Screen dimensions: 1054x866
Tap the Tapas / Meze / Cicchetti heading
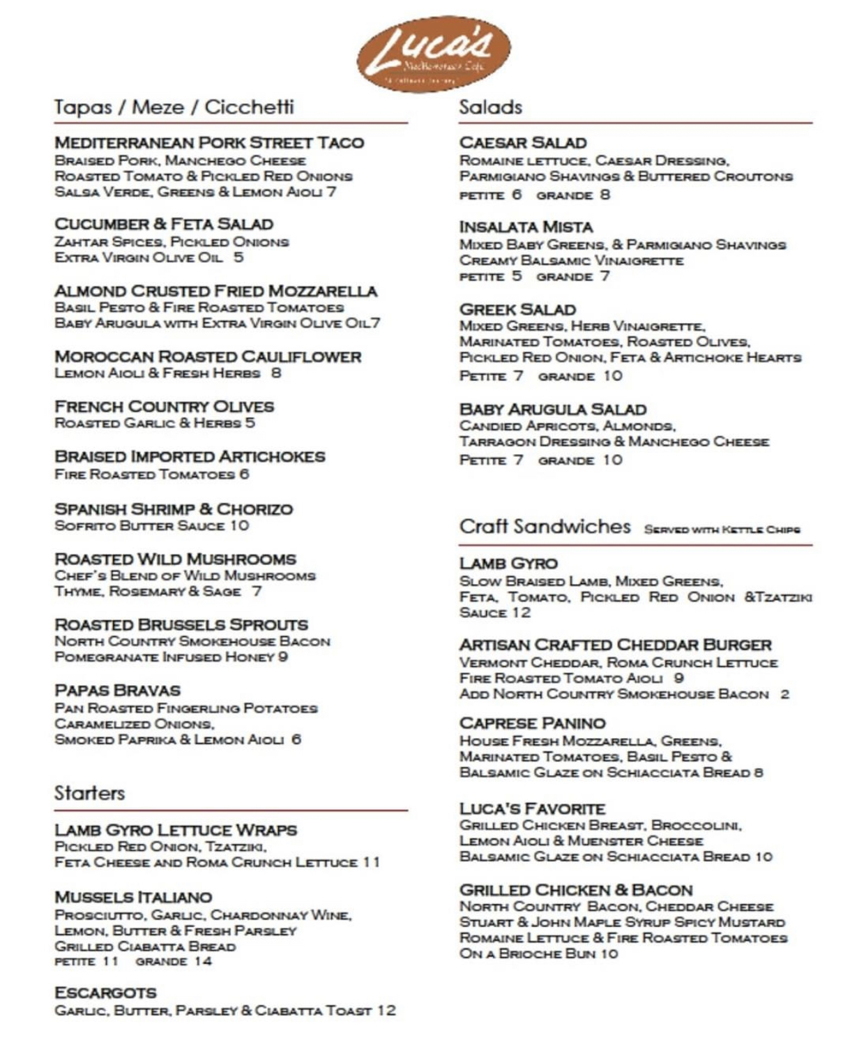coord(174,107)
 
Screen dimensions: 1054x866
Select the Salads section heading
coord(490,107)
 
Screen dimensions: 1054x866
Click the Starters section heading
coord(89,793)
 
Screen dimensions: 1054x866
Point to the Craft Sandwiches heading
coord(545,527)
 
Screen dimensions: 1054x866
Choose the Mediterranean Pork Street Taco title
coord(209,143)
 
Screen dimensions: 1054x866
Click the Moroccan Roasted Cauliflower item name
coord(208,356)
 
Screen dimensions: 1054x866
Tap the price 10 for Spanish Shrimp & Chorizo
coord(239,526)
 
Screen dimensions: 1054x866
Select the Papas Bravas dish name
coord(117,691)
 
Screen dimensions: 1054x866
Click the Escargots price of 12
coord(386,1010)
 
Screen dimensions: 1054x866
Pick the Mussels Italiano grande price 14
coord(203,961)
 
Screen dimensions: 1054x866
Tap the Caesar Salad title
coord(522,143)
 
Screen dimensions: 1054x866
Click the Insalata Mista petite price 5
coord(517,276)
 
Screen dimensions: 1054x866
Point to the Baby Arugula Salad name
coord(552,409)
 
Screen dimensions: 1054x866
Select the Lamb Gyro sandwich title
coord(508,564)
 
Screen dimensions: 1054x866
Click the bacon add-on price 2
coord(784,694)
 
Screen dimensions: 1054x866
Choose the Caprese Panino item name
coord(532,723)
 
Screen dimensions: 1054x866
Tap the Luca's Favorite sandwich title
coord(532,809)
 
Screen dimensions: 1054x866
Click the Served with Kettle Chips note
coord(722,529)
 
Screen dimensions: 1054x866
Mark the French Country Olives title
coord(164,407)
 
